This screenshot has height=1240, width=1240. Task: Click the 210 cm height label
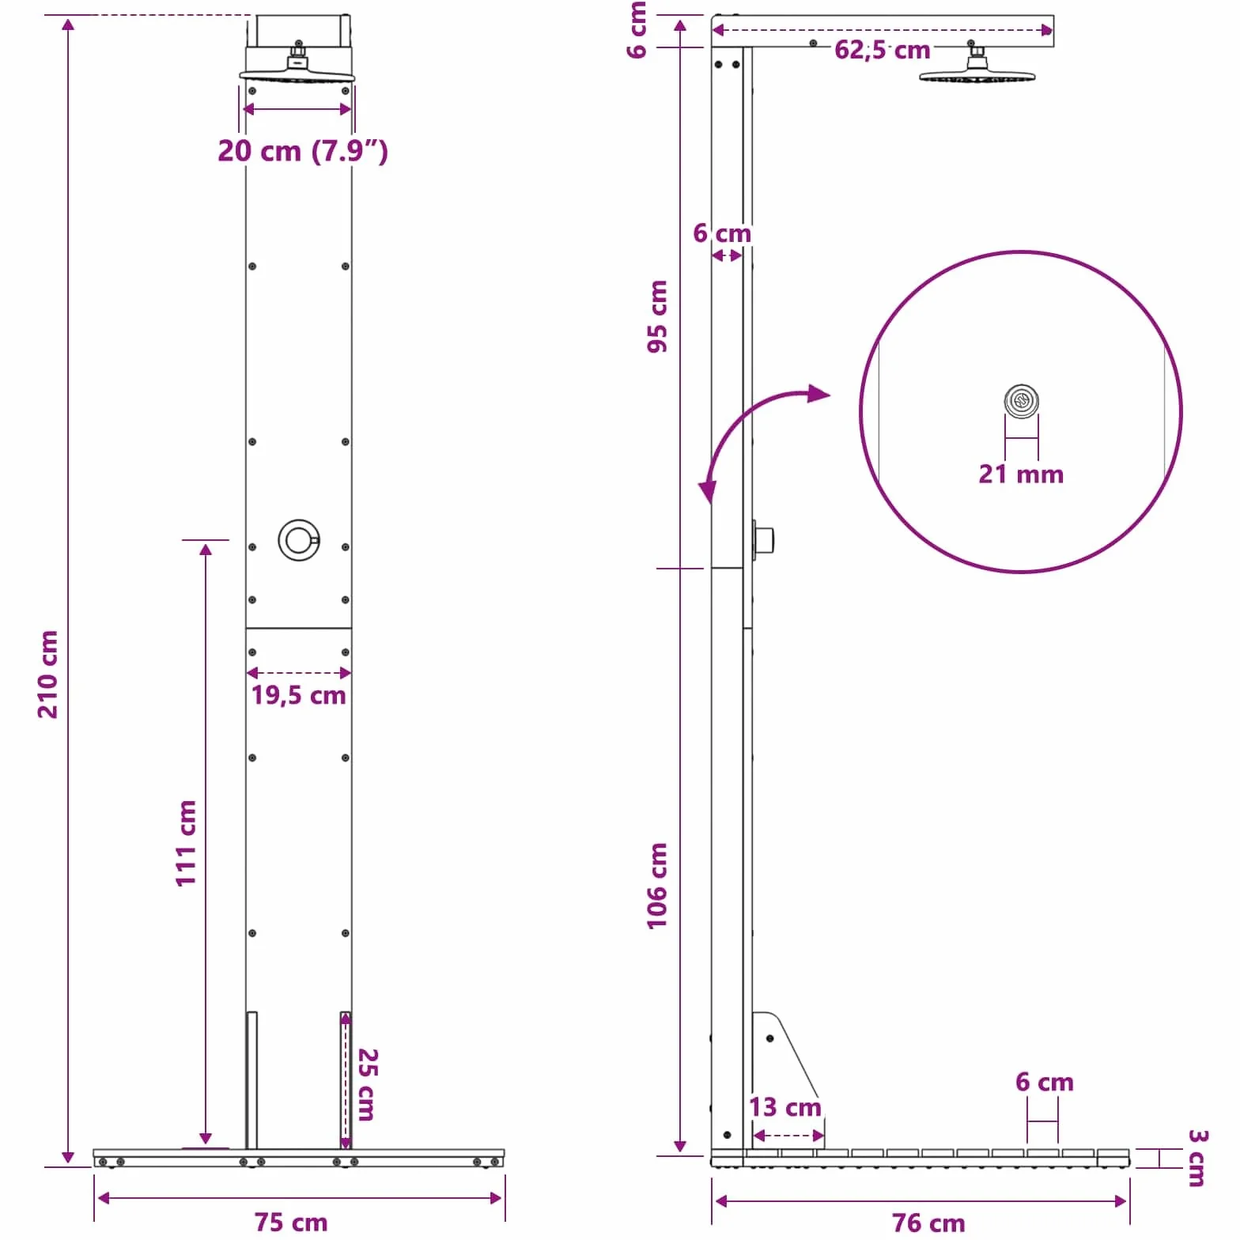tap(48, 674)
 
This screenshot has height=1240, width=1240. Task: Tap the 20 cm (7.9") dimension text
tap(303, 150)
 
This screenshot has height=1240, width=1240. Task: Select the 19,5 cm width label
tap(299, 695)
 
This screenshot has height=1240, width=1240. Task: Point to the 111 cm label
tap(186, 843)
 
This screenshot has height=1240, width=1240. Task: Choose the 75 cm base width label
tap(291, 1222)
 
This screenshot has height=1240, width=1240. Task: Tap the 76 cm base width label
tap(928, 1223)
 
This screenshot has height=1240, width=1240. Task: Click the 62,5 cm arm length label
tap(883, 50)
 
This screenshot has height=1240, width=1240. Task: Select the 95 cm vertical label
tap(657, 316)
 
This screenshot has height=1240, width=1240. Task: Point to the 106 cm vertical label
tap(657, 886)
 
